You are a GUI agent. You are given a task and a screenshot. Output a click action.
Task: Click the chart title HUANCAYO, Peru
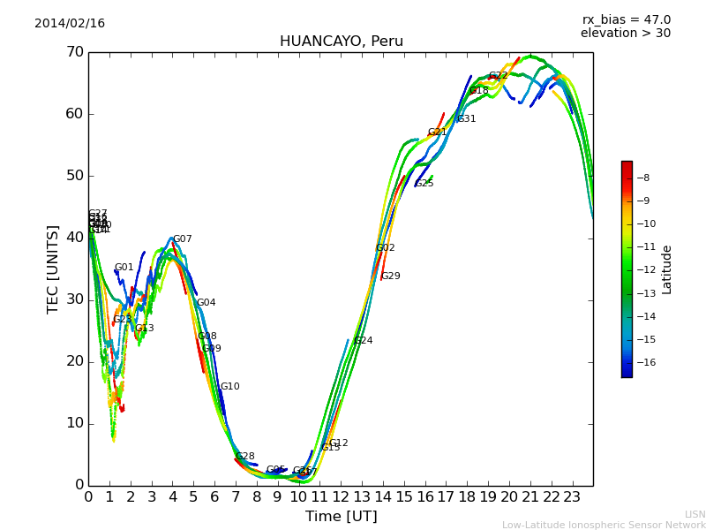341,42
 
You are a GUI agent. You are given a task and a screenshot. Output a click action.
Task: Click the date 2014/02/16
70,24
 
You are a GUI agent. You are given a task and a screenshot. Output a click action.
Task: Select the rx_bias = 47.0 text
626,20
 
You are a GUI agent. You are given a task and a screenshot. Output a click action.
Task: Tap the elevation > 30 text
625,34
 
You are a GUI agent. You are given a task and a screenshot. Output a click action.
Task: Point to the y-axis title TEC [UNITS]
53,269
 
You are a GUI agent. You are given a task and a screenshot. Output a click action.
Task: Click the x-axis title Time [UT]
341,517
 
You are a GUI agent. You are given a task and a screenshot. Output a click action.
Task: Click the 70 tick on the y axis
74,52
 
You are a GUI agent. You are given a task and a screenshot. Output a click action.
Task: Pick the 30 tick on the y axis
74,299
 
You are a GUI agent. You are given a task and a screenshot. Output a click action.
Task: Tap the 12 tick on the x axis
341,496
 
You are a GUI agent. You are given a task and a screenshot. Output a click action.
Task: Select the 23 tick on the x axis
572,496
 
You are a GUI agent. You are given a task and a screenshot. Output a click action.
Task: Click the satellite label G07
183,239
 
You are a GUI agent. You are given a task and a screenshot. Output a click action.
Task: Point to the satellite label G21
437,132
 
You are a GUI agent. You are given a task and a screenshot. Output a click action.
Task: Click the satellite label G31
466,119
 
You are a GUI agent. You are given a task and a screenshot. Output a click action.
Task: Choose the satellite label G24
363,341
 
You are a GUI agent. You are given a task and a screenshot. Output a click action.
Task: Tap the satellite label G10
229,387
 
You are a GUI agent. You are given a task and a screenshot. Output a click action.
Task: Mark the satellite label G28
244,457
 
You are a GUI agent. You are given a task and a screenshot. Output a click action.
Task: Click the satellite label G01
124,268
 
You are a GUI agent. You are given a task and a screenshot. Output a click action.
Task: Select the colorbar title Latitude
667,269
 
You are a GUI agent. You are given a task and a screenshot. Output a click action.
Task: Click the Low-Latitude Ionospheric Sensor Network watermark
604,526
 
